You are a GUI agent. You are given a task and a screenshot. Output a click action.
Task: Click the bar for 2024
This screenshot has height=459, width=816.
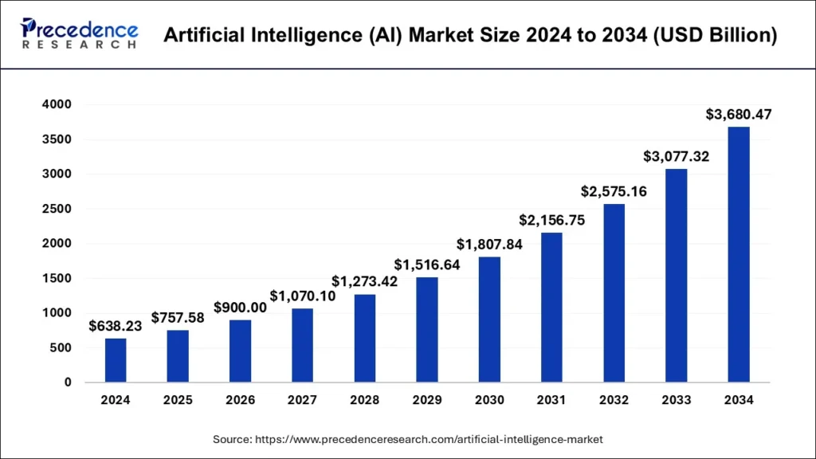coord(116,360)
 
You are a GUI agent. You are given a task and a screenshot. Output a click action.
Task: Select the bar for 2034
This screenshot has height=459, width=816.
coord(739,254)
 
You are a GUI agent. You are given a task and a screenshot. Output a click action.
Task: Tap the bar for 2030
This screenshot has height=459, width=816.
coord(489,320)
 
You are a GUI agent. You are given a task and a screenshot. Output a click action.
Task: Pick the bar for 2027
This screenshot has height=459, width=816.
coord(303,345)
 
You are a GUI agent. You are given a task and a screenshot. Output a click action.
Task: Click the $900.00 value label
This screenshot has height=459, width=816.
coord(240,307)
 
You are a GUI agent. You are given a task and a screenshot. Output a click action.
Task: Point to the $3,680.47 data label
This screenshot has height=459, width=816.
coord(739,115)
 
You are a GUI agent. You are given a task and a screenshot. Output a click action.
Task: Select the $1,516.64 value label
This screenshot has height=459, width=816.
coord(427,265)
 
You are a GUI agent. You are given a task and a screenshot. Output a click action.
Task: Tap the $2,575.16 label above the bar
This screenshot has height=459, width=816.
coord(614,192)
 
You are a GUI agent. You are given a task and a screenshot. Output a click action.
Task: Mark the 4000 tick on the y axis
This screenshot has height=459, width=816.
coord(57,104)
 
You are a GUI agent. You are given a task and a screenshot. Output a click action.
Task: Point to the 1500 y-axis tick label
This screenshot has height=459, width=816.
coord(57,278)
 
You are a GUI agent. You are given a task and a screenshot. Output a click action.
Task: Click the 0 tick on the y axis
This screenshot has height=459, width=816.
coord(69,382)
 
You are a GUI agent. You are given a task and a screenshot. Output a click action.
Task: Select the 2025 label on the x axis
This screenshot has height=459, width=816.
coord(178,401)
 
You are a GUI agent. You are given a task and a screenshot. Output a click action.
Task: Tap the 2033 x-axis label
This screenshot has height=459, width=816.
coord(677,401)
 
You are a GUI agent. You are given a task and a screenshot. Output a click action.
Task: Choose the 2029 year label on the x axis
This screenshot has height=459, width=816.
coord(427,401)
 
